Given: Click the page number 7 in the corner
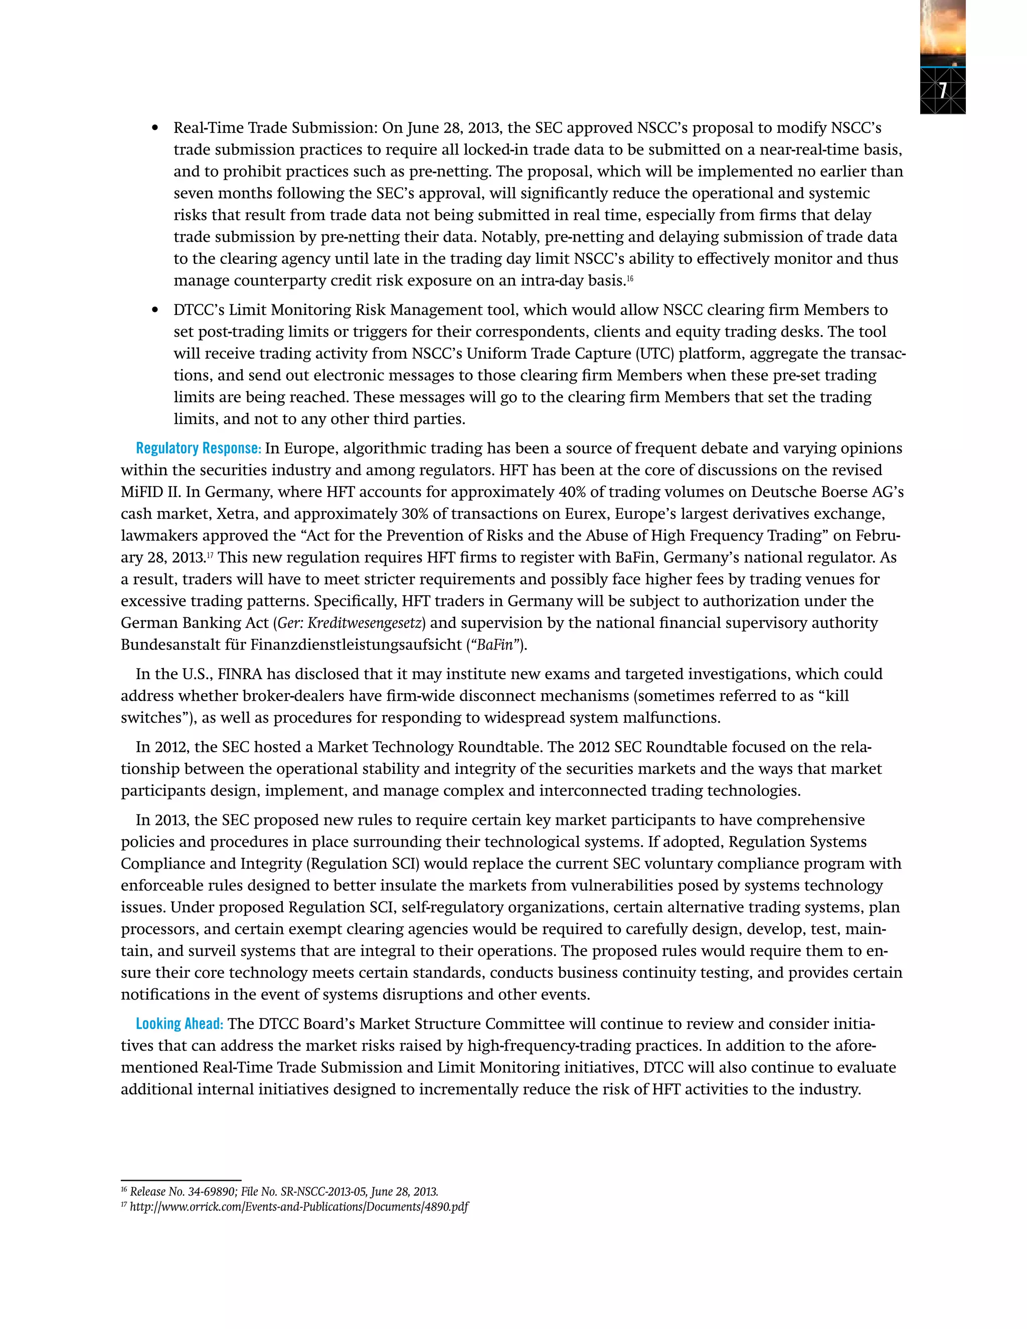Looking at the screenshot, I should click(942, 91).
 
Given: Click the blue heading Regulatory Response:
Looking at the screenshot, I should click(199, 448).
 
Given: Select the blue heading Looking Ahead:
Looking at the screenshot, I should click(180, 1024).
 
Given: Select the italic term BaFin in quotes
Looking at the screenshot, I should click(494, 645).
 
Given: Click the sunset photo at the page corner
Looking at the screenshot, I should click(942, 31).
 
